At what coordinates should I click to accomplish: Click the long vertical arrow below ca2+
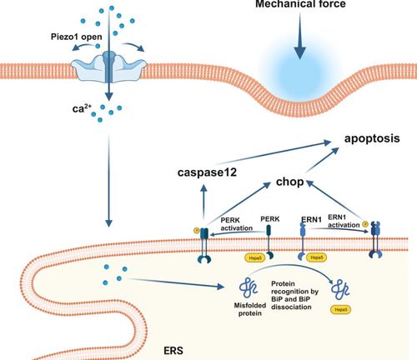(108, 175)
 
